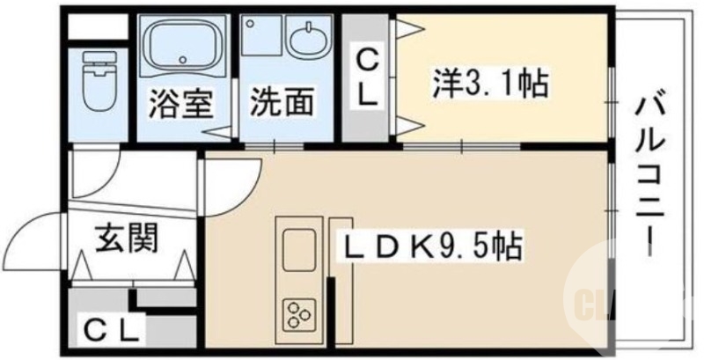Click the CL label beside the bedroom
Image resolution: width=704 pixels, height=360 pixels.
coord(367,78)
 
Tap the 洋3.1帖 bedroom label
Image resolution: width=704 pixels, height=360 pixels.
coord(489,84)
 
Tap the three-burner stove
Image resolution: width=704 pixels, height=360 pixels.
coord(297,312)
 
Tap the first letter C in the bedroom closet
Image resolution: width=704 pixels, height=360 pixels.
coord(367,62)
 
